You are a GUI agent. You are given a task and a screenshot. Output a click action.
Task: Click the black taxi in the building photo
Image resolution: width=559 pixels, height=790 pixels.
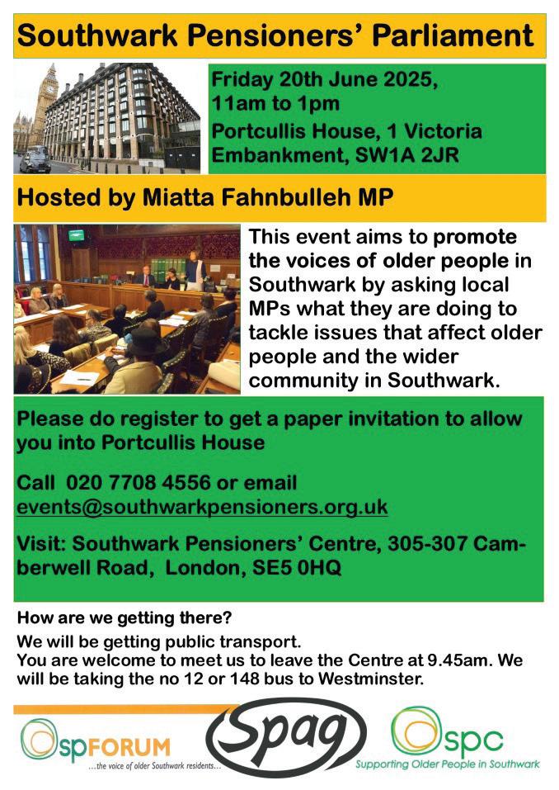pyautogui.click(x=35, y=160)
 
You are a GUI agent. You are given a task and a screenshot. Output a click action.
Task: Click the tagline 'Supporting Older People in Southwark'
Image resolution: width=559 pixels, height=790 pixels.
pyautogui.click(x=448, y=764)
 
